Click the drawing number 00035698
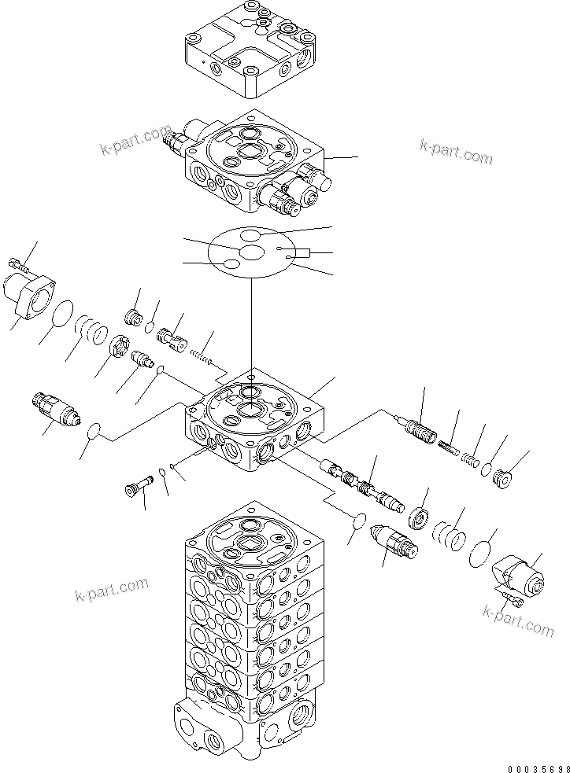tap(537, 765)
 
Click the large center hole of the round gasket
tap(251, 252)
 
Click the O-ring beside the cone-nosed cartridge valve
tap(94, 430)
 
